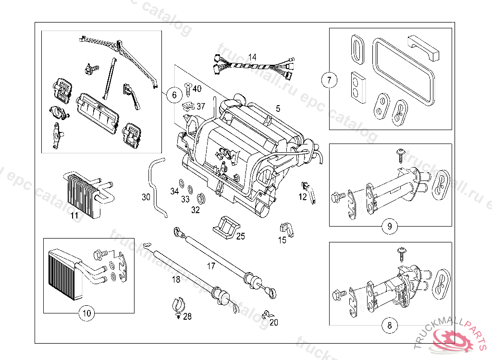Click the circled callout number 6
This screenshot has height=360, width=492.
[174, 95]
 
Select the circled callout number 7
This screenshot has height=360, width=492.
[329, 80]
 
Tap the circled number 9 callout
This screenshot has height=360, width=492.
[389, 226]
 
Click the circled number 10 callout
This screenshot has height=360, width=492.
[86, 314]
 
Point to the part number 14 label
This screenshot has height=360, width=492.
[252, 57]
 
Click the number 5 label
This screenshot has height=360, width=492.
[278, 109]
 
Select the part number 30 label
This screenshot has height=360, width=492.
[146, 197]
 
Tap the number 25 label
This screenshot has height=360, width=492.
[240, 236]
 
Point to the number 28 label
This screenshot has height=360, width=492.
[187, 316]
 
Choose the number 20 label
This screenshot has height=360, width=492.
[274, 323]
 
